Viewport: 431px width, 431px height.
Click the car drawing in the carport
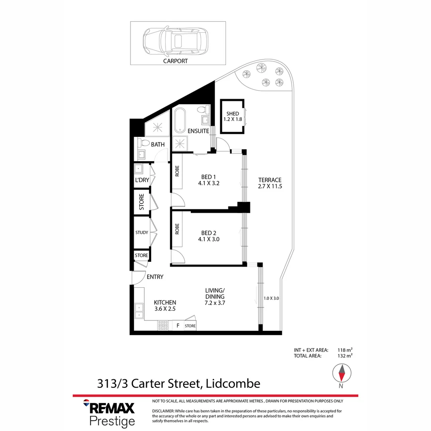[x=176, y=40]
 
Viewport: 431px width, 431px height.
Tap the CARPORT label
[x=175, y=61]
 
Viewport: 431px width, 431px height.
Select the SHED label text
[x=233, y=114]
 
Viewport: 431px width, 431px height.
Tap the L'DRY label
[x=142, y=180]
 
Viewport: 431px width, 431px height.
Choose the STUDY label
[x=142, y=232]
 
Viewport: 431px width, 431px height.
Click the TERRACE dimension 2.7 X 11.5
[x=270, y=186]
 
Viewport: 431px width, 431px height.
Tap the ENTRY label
[x=155, y=277]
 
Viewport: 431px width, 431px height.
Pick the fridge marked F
[x=178, y=326]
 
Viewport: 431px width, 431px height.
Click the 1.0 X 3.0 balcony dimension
[x=271, y=298]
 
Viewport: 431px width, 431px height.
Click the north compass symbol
[x=342, y=374]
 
